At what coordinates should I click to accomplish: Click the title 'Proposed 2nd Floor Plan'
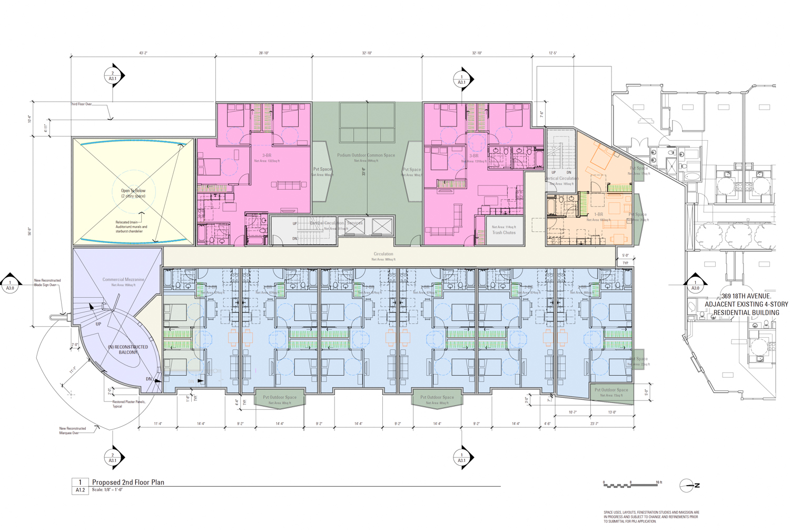128,482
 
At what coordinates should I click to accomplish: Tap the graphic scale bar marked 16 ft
630,485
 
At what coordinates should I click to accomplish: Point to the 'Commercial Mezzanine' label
123,280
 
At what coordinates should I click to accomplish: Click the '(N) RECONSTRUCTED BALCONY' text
127,350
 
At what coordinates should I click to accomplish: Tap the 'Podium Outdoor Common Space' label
366,155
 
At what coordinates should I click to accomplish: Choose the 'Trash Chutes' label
504,232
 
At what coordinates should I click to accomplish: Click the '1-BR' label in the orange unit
598,215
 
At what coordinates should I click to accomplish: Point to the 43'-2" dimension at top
143,53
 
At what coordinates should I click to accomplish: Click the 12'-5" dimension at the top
552,53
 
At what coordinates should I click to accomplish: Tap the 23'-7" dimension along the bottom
594,424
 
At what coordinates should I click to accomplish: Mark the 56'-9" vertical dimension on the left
30,232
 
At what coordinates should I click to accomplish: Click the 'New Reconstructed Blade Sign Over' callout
47,283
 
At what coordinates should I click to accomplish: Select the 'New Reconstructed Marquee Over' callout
73,430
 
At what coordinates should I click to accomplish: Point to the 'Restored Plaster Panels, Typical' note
129,404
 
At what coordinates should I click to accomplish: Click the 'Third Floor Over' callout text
81,104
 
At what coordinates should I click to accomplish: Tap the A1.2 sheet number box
80,490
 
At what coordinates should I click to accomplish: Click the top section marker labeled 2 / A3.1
113,76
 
